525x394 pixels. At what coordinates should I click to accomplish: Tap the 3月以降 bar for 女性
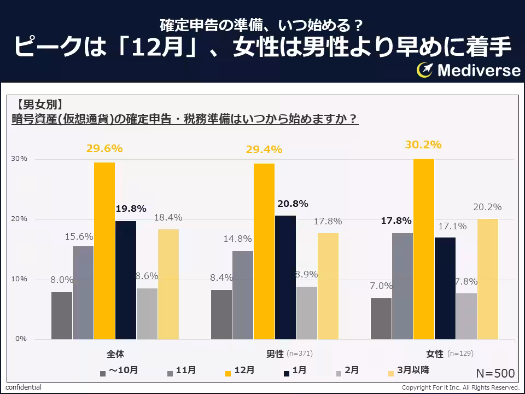(488, 279)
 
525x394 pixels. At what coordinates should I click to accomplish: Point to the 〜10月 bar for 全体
(62, 316)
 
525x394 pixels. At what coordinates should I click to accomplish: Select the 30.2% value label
(423, 145)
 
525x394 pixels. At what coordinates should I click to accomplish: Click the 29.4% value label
(264, 149)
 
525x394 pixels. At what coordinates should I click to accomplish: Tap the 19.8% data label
(130, 208)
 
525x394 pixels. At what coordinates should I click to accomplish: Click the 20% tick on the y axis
(20, 219)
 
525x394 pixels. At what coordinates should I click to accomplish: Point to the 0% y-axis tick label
(21, 339)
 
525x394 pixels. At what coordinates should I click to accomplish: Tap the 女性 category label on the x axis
(435, 354)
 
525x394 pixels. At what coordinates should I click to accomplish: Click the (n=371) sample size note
(300, 354)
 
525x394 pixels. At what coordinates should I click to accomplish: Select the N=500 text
(495, 373)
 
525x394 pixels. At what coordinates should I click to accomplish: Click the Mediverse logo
(468, 71)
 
